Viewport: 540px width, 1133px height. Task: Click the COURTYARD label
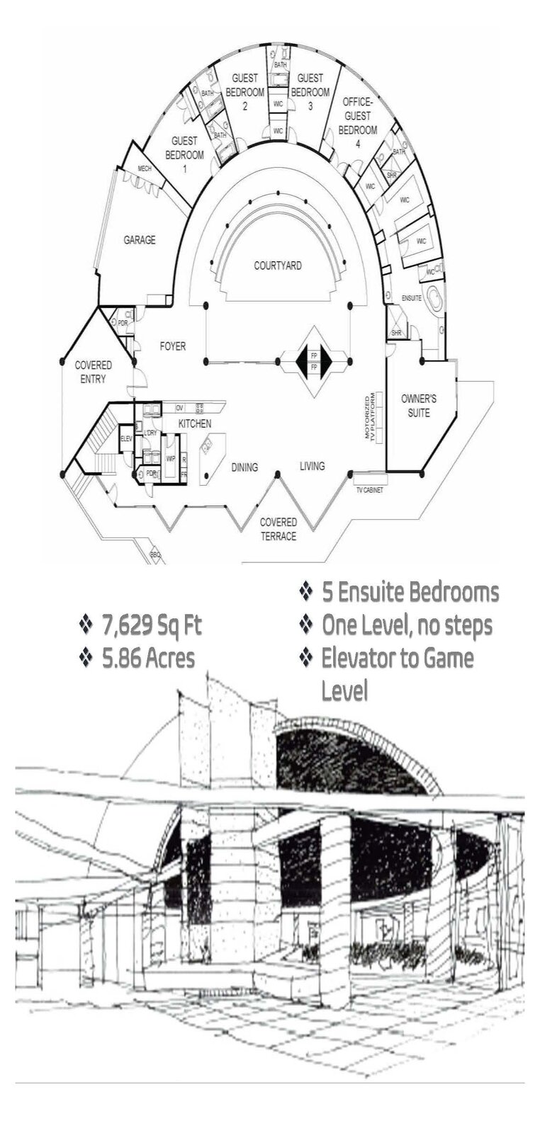coord(278,266)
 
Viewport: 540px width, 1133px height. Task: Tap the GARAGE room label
coord(140,240)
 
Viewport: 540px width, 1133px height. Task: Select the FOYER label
coord(172,346)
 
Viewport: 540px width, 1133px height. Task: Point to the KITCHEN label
coord(194,423)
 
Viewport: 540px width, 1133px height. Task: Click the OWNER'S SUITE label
coord(418,405)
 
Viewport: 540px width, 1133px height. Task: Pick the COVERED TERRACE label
coord(278,529)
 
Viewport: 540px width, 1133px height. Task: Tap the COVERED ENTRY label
coord(94,372)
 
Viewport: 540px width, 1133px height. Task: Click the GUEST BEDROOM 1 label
coord(184,154)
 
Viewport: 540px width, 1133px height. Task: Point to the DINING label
coord(244,467)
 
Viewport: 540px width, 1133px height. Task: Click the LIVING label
coord(312,465)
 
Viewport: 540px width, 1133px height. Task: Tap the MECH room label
coord(145,169)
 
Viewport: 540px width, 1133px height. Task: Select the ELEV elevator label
coord(127,439)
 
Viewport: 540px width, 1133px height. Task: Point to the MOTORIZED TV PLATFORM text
coord(373,416)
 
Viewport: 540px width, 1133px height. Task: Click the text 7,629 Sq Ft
coord(152,625)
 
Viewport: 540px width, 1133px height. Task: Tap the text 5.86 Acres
coord(147,658)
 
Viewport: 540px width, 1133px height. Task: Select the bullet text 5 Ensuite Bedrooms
coord(410,592)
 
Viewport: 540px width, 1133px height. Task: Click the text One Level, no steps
coord(406,625)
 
